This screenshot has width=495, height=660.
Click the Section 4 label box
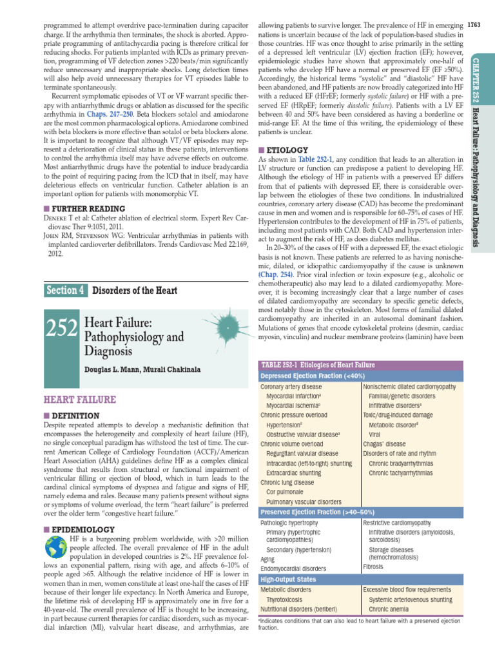65,290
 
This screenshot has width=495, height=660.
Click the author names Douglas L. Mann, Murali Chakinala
142,369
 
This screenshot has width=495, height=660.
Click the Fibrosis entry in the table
373,567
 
